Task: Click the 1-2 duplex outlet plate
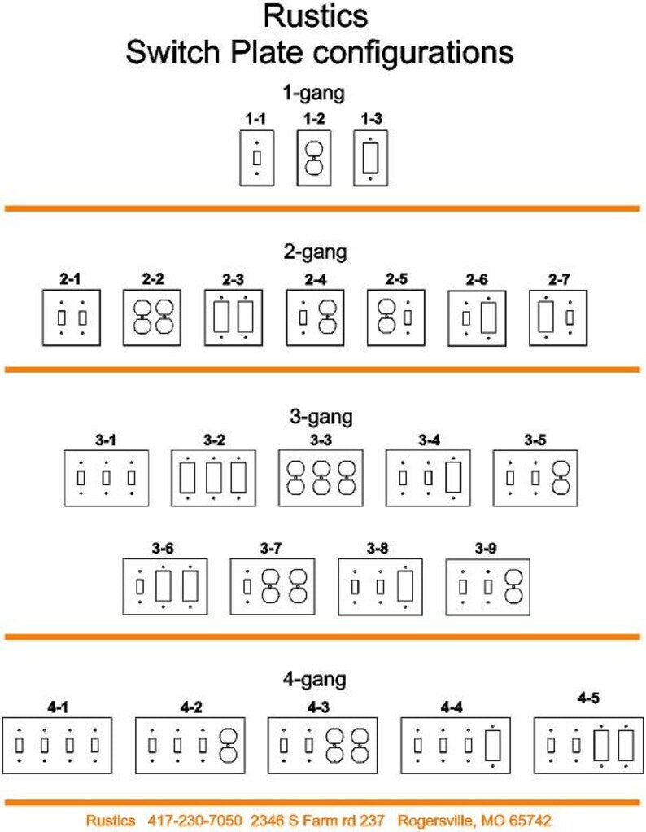(314, 158)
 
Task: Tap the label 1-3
(371, 119)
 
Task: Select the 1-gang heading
(314, 93)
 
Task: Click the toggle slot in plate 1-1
(257, 158)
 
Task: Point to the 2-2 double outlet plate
(152, 317)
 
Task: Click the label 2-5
(397, 279)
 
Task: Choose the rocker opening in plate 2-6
(488, 317)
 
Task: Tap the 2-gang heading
(316, 252)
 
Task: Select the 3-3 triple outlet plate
(321, 478)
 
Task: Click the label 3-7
(271, 548)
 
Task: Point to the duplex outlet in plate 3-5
(561, 478)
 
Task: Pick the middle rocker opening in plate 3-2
(214, 478)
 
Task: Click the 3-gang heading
(321, 417)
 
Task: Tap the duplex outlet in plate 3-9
(513, 587)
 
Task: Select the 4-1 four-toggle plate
(57, 746)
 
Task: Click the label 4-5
(589, 698)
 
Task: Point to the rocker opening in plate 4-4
(493, 746)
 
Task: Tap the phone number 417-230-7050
(194, 821)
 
